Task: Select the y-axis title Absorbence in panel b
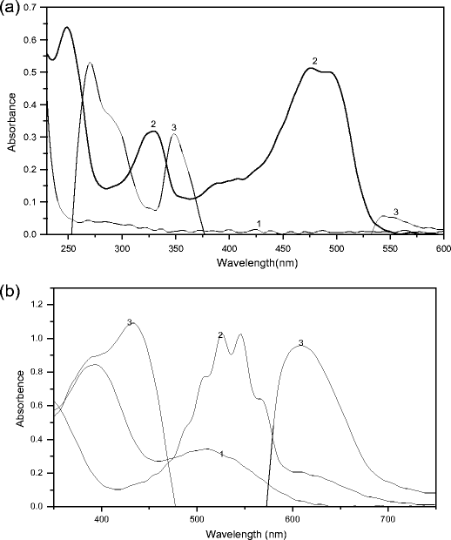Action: pos(11,406)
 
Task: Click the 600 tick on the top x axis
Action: pos(444,247)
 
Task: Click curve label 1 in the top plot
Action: pos(259,224)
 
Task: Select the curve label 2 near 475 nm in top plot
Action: pos(315,60)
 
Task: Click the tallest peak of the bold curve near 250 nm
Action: pos(66,28)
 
